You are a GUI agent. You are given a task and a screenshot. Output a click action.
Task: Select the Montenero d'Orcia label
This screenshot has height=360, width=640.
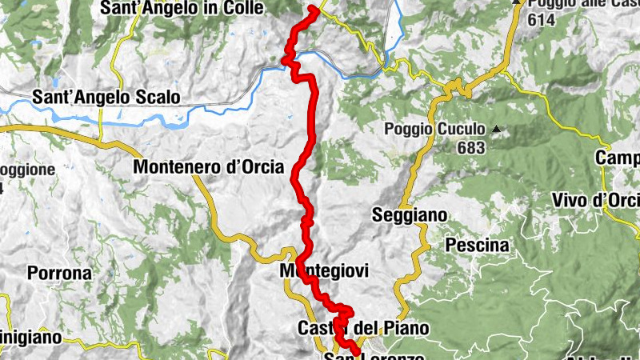pos(208,168)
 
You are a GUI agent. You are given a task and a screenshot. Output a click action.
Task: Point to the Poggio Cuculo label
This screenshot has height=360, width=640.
pos(434,129)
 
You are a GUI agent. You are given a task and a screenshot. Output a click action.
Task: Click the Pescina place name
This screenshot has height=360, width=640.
pos(478,245)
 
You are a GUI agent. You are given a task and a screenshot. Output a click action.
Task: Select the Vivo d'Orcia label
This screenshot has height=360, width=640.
pos(595,200)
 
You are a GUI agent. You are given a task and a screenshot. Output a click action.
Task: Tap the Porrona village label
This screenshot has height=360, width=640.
pos(60,272)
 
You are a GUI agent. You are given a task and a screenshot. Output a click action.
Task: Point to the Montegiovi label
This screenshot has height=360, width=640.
pos(324,272)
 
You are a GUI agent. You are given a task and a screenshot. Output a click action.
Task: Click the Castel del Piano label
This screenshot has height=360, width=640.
pos(363,328)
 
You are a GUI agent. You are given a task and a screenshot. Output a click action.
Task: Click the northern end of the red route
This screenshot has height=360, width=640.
pos(312,8)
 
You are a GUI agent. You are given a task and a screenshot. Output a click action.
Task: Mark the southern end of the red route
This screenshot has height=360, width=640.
pos(356,352)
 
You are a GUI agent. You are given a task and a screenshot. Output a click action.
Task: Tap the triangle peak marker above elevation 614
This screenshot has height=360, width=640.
pos(518,2)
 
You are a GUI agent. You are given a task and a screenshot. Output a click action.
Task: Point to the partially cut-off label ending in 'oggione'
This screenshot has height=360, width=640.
pos(27,170)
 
